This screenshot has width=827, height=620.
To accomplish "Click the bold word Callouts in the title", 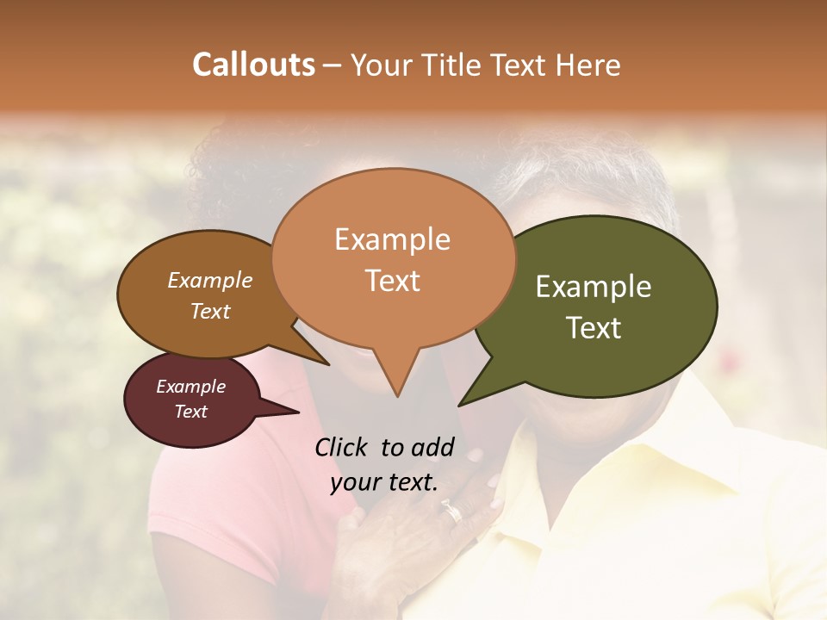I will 253,65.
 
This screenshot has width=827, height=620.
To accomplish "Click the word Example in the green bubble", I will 594,287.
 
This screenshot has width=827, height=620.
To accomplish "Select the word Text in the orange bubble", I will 393,281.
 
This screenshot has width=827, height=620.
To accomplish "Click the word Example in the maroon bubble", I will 191,387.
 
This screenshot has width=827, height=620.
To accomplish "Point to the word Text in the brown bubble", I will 210,311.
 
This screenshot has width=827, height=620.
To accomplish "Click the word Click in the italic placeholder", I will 341,447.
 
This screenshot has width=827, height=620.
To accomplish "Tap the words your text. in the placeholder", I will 384,482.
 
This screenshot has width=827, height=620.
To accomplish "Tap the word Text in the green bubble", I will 594,328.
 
